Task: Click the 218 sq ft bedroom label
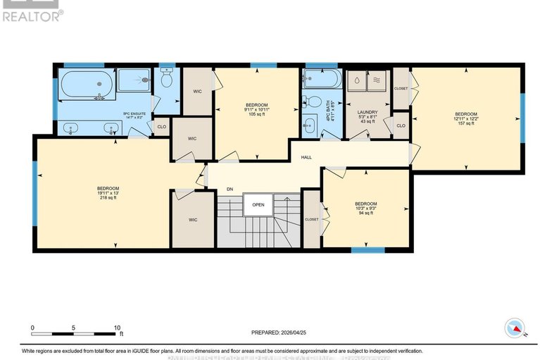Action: pos(108,192)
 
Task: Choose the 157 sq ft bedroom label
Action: pos(466,118)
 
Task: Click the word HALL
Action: pos(306,157)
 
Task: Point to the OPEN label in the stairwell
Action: pos(257,206)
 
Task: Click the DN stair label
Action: pos(230,189)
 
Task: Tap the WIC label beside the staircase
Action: pos(193,219)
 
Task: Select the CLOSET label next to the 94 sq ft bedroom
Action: pos(311,219)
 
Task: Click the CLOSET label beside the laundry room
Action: pos(401,89)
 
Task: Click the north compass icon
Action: pos(515,327)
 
